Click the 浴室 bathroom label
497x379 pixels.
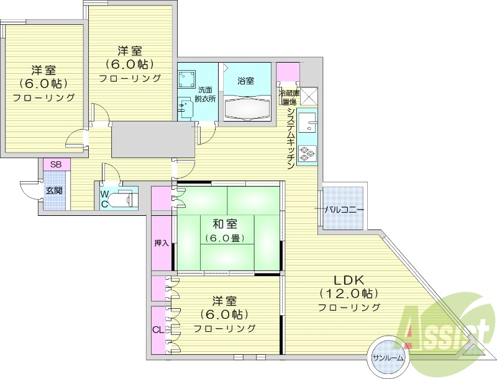click(x=245, y=81)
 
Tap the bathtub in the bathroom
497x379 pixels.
click(x=247, y=109)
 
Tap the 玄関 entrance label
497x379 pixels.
click(x=54, y=190)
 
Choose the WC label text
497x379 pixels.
click(x=105, y=198)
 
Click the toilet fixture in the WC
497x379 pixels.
click(x=124, y=199)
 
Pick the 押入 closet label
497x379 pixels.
click(x=162, y=243)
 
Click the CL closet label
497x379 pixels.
click(x=158, y=329)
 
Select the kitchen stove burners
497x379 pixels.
click(x=306, y=153)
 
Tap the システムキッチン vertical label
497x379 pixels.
click(x=290, y=140)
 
